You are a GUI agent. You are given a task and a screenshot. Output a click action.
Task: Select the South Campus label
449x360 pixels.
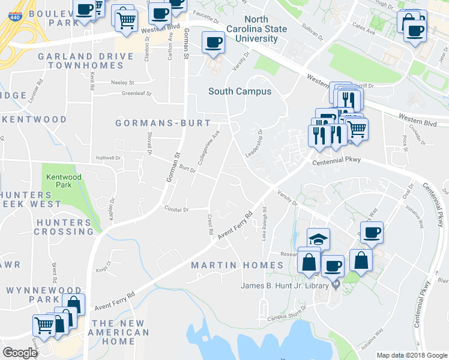240,91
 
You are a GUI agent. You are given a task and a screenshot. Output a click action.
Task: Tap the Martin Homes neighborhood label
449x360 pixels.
237,265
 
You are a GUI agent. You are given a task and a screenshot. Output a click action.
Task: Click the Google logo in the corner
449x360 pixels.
20,352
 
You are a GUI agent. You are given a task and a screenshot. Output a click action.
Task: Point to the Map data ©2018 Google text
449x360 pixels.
411,355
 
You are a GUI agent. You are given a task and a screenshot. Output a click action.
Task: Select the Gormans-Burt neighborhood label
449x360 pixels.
163,123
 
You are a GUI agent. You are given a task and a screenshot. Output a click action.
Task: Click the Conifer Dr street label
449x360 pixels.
176,209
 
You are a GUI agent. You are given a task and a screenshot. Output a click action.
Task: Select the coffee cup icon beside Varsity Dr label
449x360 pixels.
213,42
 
